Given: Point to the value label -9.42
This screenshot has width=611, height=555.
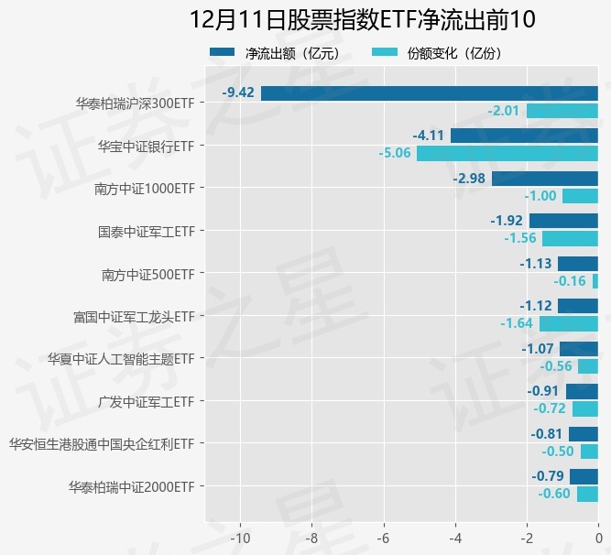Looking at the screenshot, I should (238, 92).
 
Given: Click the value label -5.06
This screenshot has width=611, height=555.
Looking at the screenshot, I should (394, 153).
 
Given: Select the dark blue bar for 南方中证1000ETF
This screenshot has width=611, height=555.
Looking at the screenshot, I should (544, 178).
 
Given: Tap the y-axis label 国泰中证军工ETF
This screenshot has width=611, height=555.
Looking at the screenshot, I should (146, 231).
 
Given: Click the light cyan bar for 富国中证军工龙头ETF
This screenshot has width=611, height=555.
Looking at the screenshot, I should (568, 323).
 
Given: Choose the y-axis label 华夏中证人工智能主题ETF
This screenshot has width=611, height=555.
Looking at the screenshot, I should (121, 358).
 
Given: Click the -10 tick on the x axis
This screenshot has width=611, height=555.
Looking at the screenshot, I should (241, 537).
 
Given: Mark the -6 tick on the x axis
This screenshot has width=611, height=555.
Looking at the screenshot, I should (384, 537).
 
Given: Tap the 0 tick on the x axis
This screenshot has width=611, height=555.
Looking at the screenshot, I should (597, 537).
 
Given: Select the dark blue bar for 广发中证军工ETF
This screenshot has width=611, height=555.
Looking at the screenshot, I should (582, 391).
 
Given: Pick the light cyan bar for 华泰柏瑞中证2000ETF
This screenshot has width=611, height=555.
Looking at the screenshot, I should (587, 495).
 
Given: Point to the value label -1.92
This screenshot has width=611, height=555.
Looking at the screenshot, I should (506, 221).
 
